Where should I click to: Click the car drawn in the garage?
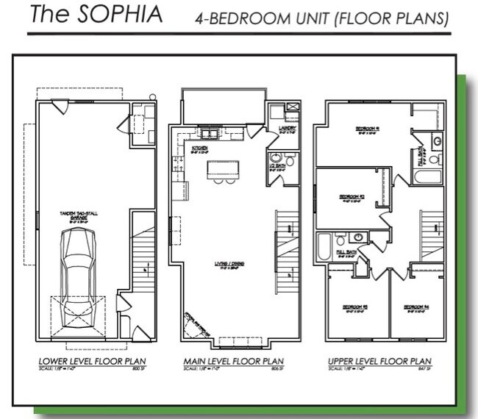click(76, 271)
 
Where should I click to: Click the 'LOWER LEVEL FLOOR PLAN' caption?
click(93, 361)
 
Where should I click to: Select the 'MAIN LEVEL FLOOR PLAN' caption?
click(233, 361)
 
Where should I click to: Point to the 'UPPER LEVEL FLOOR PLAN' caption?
click(379, 361)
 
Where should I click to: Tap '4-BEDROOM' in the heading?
click(233, 19)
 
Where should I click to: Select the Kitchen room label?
click(200, 148)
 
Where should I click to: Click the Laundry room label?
click(287, 129)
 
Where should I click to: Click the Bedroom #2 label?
click(351, 197)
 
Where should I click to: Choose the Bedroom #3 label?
click(354, 306)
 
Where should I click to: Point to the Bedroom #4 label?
click(416, 306)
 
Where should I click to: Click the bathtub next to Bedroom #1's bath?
click(427, 177)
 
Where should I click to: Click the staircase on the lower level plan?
click(143, 254)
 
